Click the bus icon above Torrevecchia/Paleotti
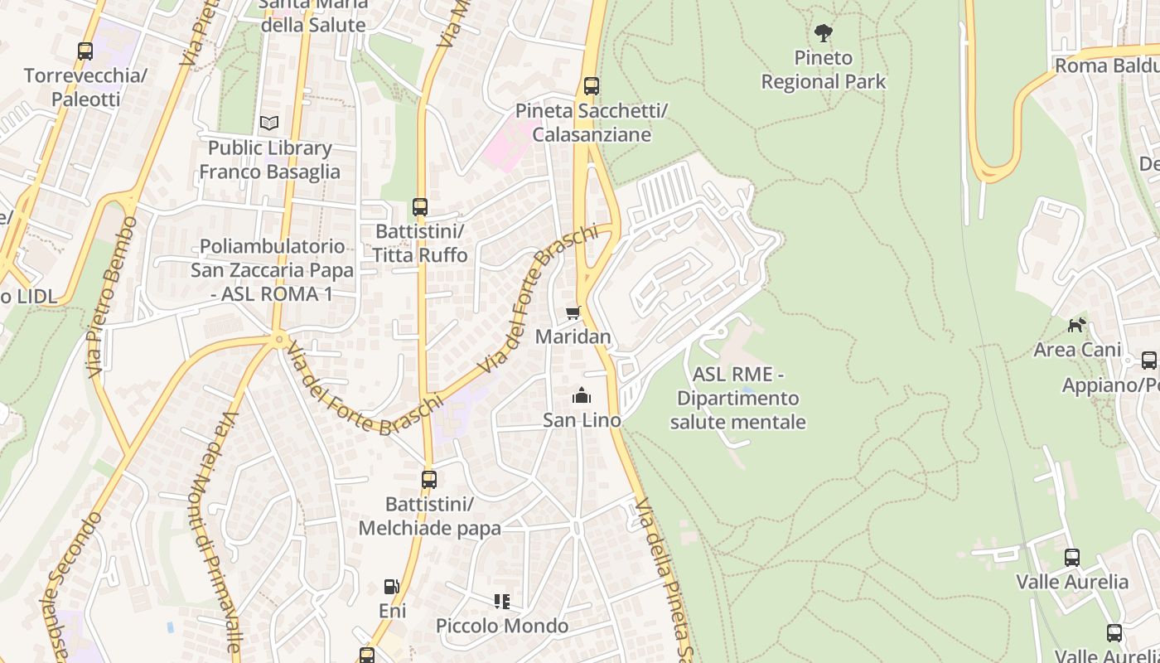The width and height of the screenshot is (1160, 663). [85, 51]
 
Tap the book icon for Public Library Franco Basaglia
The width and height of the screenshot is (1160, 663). [269, 123]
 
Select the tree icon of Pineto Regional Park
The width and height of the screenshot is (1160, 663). [823, 33]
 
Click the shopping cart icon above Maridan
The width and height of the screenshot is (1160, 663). [573, 312]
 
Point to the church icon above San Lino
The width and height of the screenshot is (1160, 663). [582, 395]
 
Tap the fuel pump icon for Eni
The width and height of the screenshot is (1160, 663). [391, 587]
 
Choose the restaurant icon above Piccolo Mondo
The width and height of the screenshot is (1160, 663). [502, 601]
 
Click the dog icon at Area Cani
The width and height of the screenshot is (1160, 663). [1076, 325]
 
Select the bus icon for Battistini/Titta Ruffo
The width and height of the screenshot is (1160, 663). [420, 206]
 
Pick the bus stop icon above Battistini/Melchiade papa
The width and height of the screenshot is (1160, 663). [428, 479]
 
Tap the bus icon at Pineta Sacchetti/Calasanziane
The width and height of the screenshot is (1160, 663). [591, 86]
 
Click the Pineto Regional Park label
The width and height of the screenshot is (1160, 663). [823, 70]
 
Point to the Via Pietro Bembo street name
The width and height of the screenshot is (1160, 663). [111, 297]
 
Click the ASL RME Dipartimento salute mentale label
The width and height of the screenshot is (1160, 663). [737, 398]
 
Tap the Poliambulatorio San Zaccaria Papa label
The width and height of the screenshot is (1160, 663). [272, 270]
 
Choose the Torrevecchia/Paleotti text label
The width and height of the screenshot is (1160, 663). [85, 88]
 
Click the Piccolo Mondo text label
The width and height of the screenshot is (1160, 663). [502, 626]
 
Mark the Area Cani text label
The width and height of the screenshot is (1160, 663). [1076, 350]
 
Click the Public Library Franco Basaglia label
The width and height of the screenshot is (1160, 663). [269, 160]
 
